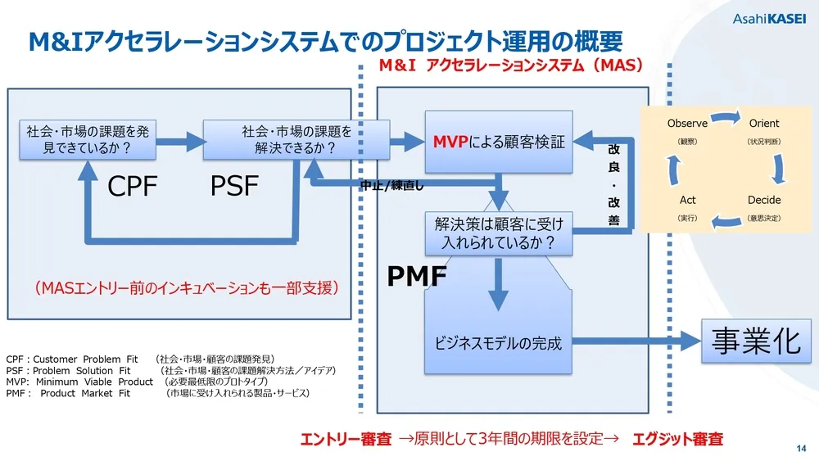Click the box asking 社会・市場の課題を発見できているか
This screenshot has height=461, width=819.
88,140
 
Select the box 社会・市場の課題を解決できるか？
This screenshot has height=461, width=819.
296,140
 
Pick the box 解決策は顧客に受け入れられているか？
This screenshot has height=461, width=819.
499,233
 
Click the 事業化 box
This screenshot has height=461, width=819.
755,341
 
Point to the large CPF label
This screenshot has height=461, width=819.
133,187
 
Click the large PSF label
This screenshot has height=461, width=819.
234,187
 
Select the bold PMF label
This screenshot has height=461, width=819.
416,278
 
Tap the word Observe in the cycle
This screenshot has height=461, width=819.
687,124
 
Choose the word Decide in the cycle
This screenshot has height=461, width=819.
763,200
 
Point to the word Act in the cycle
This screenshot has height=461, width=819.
687,200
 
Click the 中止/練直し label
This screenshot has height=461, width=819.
391,185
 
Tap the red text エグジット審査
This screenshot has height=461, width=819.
677,440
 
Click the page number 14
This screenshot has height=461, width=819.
801,448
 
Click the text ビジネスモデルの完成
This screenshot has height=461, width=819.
498,343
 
